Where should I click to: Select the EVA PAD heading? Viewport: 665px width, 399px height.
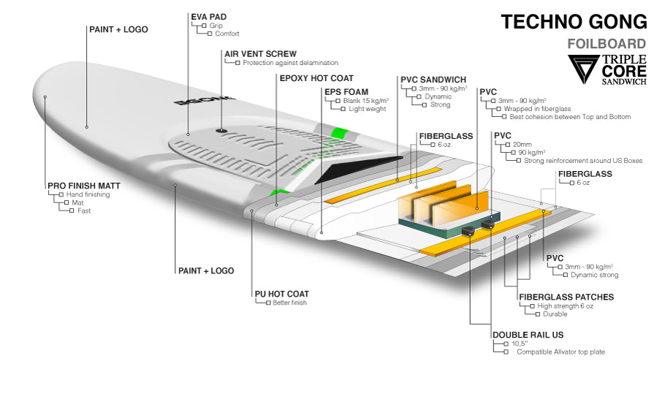(x=208, y=15)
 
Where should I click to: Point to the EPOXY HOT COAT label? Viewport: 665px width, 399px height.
(x=316, y=77)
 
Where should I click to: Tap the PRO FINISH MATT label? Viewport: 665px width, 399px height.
(x=83, y=186)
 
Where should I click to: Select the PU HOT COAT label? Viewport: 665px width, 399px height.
(x=282, y=293)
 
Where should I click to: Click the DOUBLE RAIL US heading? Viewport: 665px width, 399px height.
(x=528, y=335)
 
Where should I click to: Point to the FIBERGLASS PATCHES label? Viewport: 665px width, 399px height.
(x=566, y=297)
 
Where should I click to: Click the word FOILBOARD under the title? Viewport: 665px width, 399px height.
(x=607, y=44)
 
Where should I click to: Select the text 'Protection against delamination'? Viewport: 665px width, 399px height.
(x=290, y=63)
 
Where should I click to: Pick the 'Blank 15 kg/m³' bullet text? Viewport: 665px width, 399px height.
(x=365, y=100)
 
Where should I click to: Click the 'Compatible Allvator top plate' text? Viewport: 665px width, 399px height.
(x=560, y=352)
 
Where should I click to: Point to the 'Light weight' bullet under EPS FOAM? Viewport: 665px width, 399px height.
(x=366, y=109)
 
